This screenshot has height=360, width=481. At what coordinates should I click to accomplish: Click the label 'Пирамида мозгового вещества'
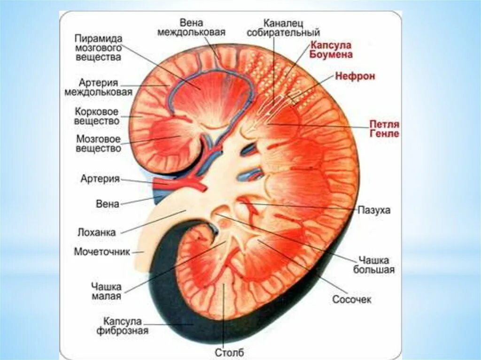[98, 47]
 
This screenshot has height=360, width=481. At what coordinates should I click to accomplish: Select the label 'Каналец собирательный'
[291, 28]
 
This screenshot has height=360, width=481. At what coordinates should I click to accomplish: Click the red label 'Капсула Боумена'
[331, 49]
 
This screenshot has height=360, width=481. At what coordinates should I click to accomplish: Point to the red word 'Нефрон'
[355, 77]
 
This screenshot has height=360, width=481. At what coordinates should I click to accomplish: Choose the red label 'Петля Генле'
[384, 129]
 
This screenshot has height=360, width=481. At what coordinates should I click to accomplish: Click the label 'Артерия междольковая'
[98, 87]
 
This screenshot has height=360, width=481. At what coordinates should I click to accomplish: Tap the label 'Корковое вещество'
[97, 116]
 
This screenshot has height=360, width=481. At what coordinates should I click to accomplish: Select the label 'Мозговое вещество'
[99, 144]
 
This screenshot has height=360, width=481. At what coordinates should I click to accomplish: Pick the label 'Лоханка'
[97, 231]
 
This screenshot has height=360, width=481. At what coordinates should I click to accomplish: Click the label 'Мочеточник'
[102, 252]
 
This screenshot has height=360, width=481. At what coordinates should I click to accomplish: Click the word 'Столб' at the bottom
[230, 352]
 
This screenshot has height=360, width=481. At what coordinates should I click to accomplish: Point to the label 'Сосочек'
[351, 299]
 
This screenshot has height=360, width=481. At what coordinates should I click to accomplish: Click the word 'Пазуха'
[374, 210]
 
